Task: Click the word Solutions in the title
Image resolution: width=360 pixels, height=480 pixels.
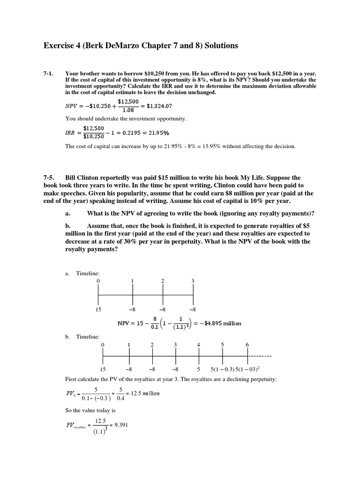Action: (x=216, y=45)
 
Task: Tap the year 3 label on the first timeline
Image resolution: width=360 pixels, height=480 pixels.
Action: (x=193, y=281)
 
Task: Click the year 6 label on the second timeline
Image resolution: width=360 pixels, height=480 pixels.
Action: (x=247, y=345)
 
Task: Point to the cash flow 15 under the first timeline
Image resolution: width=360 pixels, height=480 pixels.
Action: (x=97, y=309)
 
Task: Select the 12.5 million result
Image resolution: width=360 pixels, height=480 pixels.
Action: (x=146, y=393)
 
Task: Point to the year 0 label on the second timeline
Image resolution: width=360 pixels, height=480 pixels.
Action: (x=103, y=345)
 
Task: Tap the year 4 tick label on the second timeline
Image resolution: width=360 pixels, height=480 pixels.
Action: (x=199, y=345)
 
